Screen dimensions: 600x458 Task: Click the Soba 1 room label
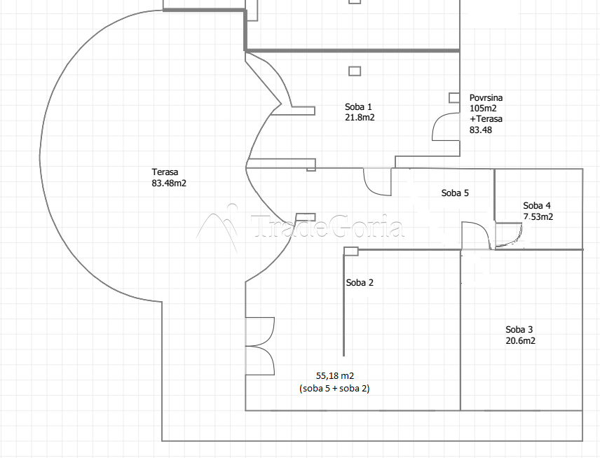(x=358, y=106)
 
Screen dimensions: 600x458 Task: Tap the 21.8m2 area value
(x=360, y=118)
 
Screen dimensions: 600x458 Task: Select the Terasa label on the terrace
(x=165, y=172)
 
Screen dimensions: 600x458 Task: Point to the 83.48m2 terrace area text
(x=169, y=183)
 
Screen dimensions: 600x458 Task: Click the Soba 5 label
(x=455, y=193)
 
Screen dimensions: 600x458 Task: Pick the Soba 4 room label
(x=537, y=206)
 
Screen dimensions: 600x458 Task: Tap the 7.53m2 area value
(x=538, y=217)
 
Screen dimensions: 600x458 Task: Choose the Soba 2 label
(x=360, y=283)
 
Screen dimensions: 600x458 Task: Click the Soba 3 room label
(x=519, y=330)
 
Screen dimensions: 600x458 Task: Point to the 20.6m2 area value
(x=520, y=340)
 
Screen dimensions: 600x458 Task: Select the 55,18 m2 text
(x=335, y=376)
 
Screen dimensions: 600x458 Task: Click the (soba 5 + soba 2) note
(x=334, y=389)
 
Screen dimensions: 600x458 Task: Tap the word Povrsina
(x=486, y=98)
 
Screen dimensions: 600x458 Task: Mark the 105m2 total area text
(x=483, y=109)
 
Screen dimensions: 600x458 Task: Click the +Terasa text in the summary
(x=486, y=119)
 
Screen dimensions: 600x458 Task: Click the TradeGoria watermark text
(x=328, y=227)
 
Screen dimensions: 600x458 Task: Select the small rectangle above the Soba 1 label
(x=355, y=71)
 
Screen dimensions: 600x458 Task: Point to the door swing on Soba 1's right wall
(x=446, y=127)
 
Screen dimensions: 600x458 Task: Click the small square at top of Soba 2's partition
(x=351, y=251)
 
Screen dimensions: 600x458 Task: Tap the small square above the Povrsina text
(x=454, y=98)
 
